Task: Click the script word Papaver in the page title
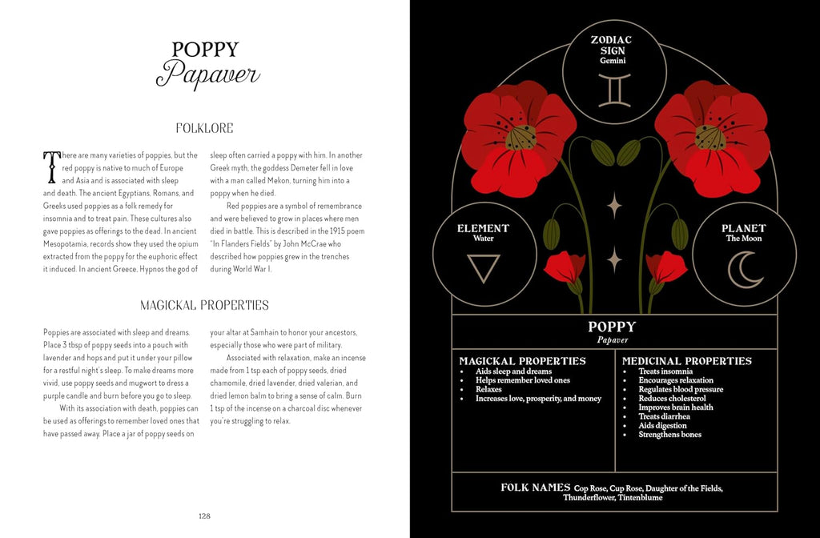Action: coord(207,75)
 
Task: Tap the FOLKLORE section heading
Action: coord(204,127)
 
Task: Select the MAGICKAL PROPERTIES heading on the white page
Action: coord(204,305)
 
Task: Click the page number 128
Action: coord(204,516)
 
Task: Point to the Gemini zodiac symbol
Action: coord(614,90)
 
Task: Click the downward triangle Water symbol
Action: coord(484,268)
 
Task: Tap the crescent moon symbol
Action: coord(745,269)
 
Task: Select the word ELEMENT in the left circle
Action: coord(484,228)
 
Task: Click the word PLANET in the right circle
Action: coord(744,228)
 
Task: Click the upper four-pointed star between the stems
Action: coord(614,205)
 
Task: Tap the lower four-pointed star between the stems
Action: coord(614,259)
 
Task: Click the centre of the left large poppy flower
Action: coord(521,137)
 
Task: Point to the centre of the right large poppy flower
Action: coord(709,137)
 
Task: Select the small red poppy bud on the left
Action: coord(563,267)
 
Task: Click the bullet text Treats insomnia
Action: coord(665,371)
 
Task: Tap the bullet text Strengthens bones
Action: coord(669,435)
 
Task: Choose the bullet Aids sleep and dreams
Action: coord(513,371)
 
